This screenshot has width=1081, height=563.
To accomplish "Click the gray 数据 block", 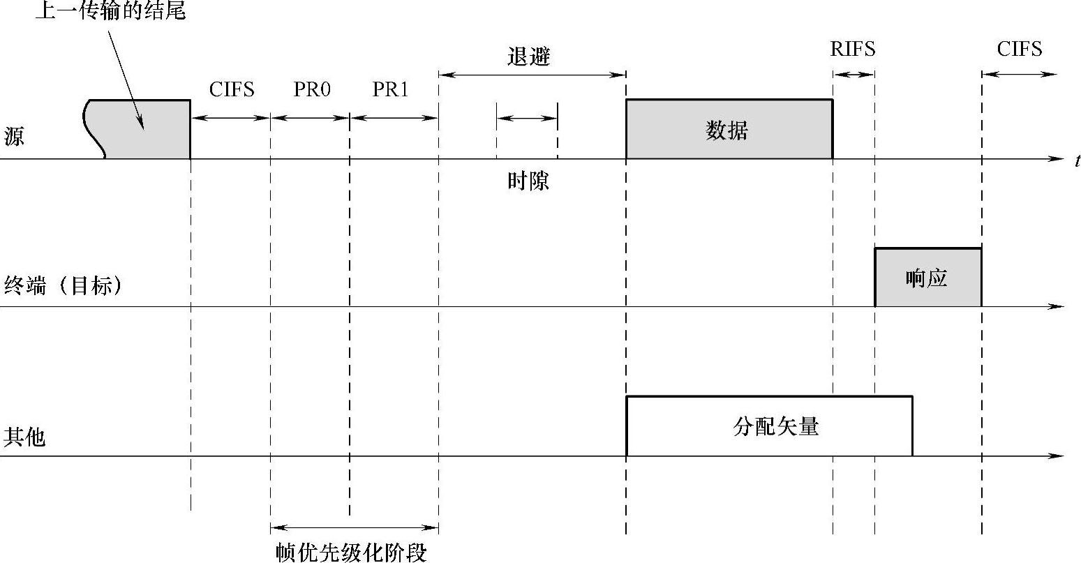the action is click(x=729, y=130).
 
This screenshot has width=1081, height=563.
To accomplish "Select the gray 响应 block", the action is click(x=927, y=278).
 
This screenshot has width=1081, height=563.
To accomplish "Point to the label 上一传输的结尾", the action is click(x=111, y=11).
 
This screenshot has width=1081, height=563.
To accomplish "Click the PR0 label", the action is click(x=311, y=90).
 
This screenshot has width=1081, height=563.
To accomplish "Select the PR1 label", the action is click(x=390, y=90).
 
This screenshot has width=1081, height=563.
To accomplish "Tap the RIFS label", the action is click(x=852, y=50).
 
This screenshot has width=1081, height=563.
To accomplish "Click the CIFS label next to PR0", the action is click(x=232, y=90).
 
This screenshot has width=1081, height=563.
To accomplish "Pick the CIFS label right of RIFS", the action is click(x=1019, y=50).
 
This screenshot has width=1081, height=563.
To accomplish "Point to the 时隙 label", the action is click(x=528, y=181).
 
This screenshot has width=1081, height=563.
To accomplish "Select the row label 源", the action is click(x=14, y=136).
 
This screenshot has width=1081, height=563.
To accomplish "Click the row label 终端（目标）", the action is click(x=63, y=285).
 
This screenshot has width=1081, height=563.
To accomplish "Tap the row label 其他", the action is click(x=24, y=437).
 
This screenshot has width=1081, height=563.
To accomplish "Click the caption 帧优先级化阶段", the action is click(x=350, y=553).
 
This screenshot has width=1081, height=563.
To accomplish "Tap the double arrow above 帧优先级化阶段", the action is click(x=354, y=528).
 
